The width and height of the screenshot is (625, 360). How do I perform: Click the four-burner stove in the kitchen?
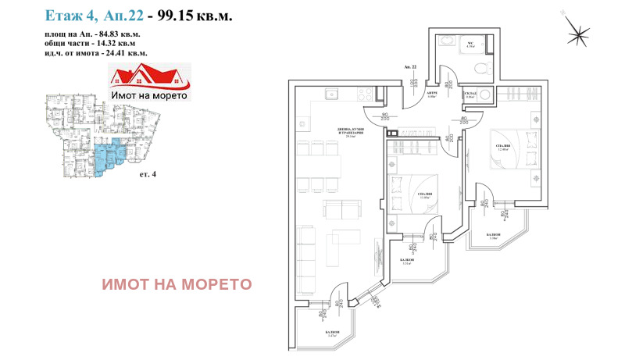tap(366, 94)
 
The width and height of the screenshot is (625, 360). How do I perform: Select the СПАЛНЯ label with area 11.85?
tap(426, 195)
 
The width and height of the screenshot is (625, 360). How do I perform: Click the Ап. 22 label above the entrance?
tap(411, 69)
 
